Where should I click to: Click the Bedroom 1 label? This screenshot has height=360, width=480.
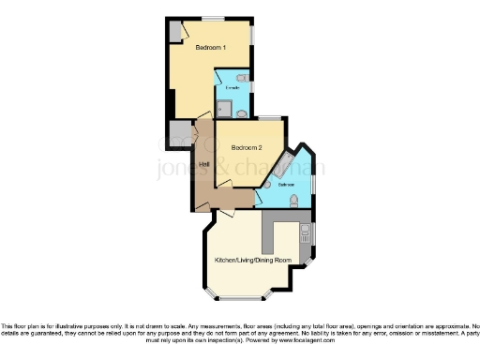pyautogui.click(x=208, y=47)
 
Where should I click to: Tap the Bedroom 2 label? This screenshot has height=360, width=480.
pyautogui.click(x=247, y=147)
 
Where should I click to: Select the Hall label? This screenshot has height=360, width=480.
pyautogui.click(x=203, y=165)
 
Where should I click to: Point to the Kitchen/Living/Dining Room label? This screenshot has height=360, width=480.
pyautogui.click(x=253, y=259)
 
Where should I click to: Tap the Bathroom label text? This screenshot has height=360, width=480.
pyautogui.click(x=285, y=186)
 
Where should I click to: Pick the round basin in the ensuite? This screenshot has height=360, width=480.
pyautogui.click(x=242, y=113)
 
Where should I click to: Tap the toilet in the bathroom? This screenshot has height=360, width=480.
pyautogui.click(x=294, y=201)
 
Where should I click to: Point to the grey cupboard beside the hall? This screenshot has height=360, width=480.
pyautogui.click(x=179, y=132)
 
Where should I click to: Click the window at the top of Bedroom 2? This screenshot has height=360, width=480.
pyautogui.click(x=269, y=117)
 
